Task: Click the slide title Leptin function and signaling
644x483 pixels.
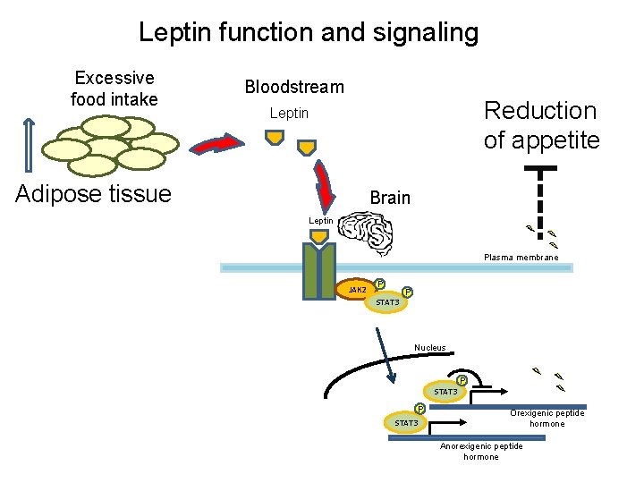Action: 309,33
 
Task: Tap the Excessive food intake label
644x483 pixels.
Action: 114,89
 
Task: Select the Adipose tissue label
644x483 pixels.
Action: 93,193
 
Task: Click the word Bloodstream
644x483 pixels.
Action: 294,87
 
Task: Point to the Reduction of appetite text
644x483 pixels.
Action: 541,125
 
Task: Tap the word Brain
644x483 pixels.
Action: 390,198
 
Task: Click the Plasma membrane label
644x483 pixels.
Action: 521,258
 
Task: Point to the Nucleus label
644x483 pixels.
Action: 429,348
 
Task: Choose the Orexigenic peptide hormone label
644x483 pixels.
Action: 547,419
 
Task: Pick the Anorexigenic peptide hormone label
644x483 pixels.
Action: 481,452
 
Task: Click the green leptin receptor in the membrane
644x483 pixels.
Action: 319,268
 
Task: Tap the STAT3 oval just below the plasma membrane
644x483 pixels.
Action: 387,302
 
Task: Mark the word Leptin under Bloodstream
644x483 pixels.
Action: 289,114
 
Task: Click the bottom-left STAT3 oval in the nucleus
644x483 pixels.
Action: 405,422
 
